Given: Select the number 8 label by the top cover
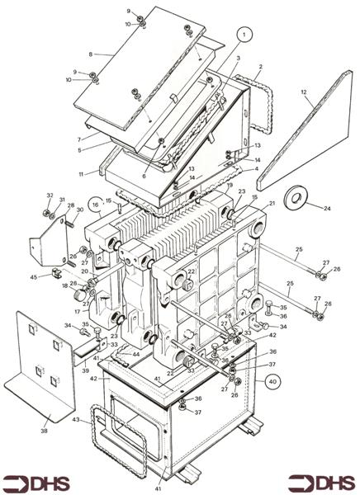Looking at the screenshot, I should click(90, 54).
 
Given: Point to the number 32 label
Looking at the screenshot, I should click(50, 196).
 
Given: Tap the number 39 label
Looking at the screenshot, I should click(85, 371).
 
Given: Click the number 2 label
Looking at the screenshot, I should click(260, 66).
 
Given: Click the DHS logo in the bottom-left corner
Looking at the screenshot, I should click(36, 483).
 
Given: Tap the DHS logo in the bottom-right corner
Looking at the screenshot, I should click(322, 483).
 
